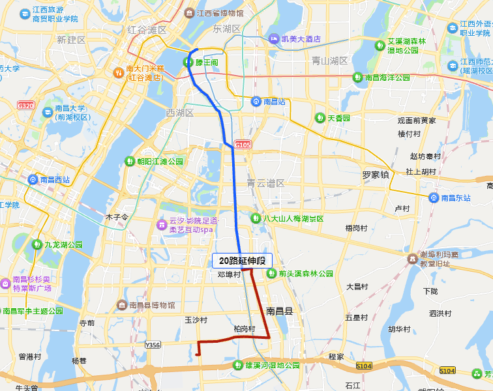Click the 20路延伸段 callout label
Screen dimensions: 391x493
coord(242,261)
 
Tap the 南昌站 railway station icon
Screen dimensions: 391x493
coord(256,102)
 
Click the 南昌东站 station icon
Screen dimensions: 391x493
coord(434,197)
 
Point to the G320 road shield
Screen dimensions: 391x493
coord(25,105)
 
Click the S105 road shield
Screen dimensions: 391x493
coord(243,145)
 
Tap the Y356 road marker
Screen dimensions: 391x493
coord(153,344)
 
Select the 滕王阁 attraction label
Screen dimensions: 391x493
coord(208,62)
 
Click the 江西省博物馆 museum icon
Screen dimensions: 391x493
coord(189,13)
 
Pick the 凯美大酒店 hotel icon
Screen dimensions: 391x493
coord(275,39)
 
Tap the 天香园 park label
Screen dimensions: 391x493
coord(338,118)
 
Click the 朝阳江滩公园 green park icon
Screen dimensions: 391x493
coord(130,161)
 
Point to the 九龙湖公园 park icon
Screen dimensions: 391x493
coord(37,244)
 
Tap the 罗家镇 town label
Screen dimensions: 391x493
coord(376,175)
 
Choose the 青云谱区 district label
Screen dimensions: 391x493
coord(265,183)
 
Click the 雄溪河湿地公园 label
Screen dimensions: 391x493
coord(273,366)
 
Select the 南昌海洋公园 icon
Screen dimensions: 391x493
coord(357,77)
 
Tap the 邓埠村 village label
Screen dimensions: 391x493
coord(230,274)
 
